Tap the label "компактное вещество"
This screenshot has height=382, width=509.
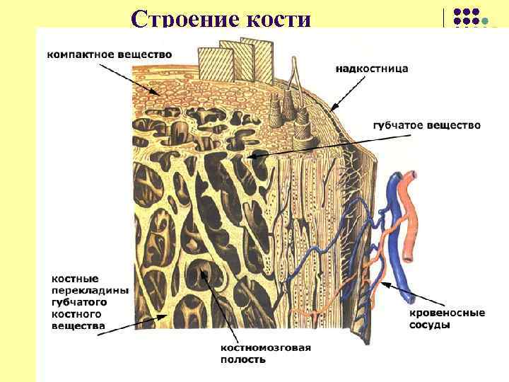point(110,54)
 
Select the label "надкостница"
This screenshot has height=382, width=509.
point(371,69)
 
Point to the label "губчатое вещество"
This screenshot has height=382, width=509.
point(426,125)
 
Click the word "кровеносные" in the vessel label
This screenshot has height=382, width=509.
point(447,313)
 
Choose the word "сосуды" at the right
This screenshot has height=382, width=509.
point(429,325)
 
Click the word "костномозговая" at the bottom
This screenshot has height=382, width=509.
point(266,348)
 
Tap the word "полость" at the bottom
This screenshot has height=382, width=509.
point(242,360)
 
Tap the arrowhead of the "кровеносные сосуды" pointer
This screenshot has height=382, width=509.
point(382,282)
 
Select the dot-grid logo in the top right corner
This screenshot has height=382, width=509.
point(466,18)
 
